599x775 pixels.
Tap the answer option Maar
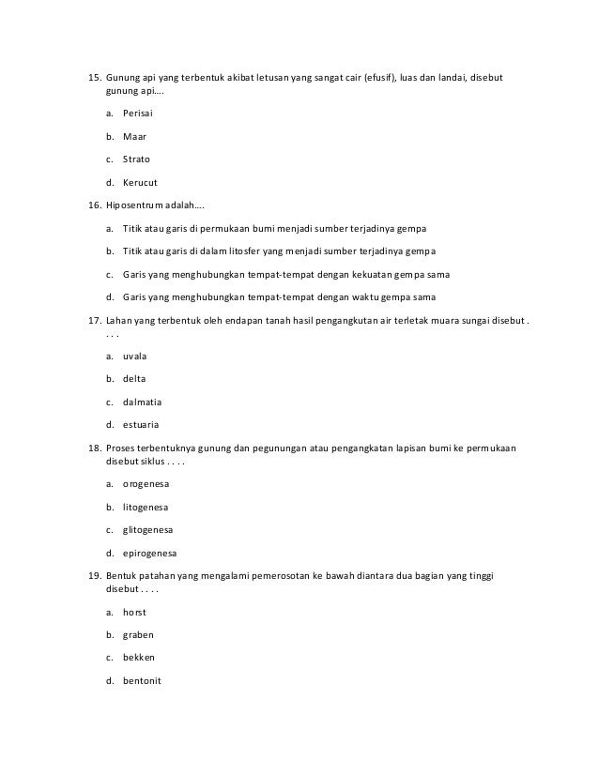tap(135, 136)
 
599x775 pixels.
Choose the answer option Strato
tap(137, 159)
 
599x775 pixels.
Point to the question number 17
tap(94, 321)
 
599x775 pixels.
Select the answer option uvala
tap(136, 357)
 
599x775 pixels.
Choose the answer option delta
tap(135, 379)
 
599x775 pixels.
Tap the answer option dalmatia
tap(143, 403)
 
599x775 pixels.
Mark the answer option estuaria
tap(142, 426)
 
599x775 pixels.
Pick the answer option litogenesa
tap(146, 507)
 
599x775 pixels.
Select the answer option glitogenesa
tap(148, 529)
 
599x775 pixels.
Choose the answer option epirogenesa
tap(150, 553)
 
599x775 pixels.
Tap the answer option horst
tap(135, 611)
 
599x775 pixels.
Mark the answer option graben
tap(138, 634)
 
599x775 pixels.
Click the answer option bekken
tap(138, 657)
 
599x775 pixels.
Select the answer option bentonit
tap(143, 680)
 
